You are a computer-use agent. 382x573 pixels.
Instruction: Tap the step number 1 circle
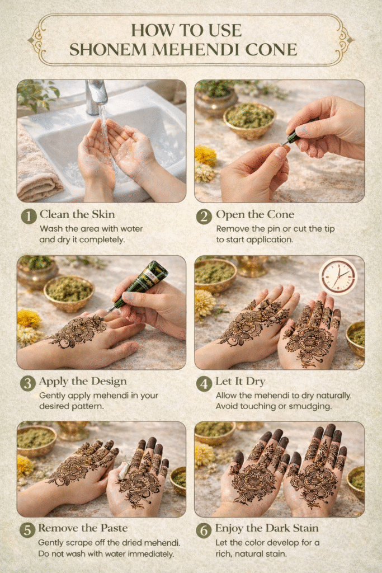pos(29,216)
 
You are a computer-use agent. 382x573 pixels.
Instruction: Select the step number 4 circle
pos(204,384)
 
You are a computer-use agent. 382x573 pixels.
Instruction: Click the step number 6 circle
pos(204,530)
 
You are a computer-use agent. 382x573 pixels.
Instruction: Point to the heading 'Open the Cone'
pos(255,214)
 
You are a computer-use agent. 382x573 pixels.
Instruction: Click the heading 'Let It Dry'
pos(240,381)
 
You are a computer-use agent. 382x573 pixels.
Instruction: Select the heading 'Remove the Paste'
pos(83,528)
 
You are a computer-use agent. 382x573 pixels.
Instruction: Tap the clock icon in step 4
pos(338,276)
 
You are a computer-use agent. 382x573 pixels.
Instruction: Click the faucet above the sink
pos(96,96)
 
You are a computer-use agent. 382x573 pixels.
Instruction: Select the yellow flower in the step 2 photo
pos(205,156)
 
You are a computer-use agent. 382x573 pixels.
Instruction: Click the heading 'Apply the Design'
pos(83,381)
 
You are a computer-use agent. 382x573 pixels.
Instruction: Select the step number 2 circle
pos(204,217)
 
